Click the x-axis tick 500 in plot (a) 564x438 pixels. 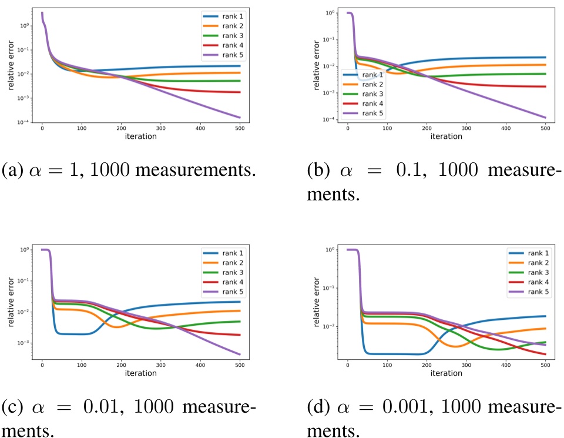(240, 128)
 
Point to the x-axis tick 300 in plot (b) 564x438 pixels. (466, 128)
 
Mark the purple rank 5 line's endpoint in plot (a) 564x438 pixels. (240, 118)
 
